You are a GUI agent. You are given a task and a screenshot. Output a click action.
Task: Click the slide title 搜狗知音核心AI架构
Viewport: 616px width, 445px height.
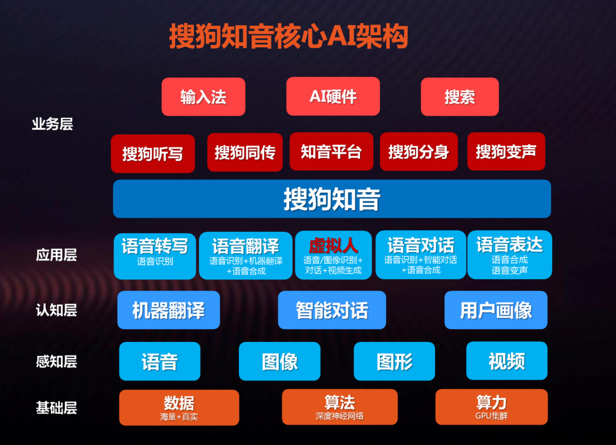pos(289,36)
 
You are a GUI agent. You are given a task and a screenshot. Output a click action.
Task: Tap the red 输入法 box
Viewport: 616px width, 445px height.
pos(204,96)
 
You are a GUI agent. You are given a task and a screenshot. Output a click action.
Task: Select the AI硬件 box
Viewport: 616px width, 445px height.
pos(333,96)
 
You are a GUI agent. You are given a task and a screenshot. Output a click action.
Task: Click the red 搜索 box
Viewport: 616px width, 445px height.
pos(460,96)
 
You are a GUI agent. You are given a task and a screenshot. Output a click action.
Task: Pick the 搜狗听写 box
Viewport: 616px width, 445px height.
pos(153,153)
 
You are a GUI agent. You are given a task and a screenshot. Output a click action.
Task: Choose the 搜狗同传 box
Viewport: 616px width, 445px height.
pos(245,152)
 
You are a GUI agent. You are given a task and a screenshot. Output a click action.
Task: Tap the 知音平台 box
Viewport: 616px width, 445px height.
pos(331,152)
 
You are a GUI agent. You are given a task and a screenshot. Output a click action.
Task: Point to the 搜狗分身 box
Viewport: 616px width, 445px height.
pos(419,152)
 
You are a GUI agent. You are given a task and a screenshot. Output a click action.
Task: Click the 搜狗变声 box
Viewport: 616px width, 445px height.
pos(506,152)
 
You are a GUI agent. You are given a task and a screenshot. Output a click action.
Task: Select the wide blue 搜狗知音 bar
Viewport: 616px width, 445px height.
pos(332,199)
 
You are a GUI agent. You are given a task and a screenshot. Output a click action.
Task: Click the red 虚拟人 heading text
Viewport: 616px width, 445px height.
pos(333,246)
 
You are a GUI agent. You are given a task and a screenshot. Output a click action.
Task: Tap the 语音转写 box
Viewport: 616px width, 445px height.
pos(155,256)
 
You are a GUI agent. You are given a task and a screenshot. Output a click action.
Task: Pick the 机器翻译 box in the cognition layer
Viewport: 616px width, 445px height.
pos(168,310)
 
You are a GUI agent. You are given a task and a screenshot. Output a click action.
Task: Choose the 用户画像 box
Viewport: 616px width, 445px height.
pos(496,310)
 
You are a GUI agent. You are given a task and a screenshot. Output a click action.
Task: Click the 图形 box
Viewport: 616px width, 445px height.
pos(395,361)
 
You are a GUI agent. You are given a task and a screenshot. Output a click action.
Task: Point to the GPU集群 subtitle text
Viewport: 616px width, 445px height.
pos(492,416)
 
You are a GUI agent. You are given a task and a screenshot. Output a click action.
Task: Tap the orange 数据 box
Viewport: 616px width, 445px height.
pos(179,408)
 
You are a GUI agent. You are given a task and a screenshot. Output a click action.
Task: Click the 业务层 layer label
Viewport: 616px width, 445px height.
pos(52,124)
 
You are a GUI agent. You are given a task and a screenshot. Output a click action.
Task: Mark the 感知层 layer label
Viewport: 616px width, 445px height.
pos(56,361)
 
